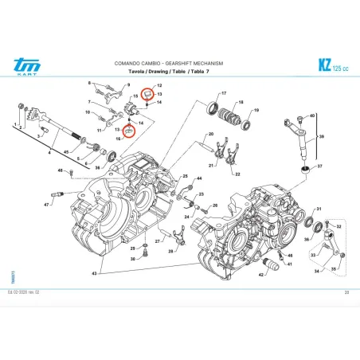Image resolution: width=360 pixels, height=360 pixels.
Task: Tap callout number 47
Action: click(x=47, y=205)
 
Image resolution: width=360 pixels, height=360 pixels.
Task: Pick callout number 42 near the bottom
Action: click(x=261, y=275)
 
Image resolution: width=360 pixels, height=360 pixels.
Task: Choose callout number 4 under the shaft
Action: click(x=50, y=151)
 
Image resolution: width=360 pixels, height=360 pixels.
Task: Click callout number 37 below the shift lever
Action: click(x=320, y=167)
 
